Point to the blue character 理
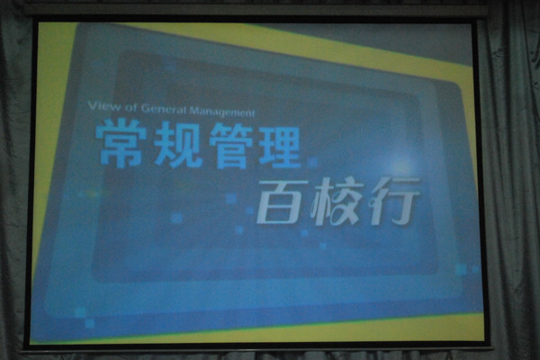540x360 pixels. [280, 148]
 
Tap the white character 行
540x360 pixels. [393, 202]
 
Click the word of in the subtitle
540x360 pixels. [130, 107]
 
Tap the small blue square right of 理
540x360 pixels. [312, 162]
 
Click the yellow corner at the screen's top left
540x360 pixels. [51, 62]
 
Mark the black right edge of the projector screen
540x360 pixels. [481, 183]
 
